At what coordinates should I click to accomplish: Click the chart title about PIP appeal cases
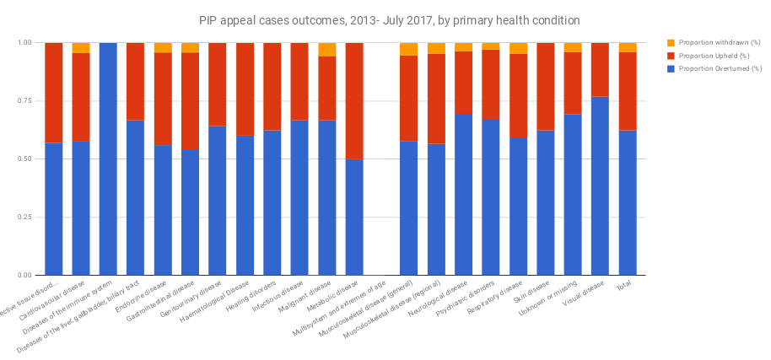[x=389, y=19]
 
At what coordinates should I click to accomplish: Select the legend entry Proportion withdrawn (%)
[x=718, y=42]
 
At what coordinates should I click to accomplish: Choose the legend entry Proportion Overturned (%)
[x=720, y=68]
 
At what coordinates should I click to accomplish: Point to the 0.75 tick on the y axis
[x=23, y=101]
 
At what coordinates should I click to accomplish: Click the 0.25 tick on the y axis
[x=23, y=218]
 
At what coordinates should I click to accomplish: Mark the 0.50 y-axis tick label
[x=23, y=159]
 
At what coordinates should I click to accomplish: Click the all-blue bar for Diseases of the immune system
[x=108, y=159]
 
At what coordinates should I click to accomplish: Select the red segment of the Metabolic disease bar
[x=354, y=101]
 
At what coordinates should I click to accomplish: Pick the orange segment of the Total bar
[x=628, y=47]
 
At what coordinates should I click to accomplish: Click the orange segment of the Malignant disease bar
[x=326, y=49]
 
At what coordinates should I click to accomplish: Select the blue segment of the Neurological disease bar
[x=464, y=194]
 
